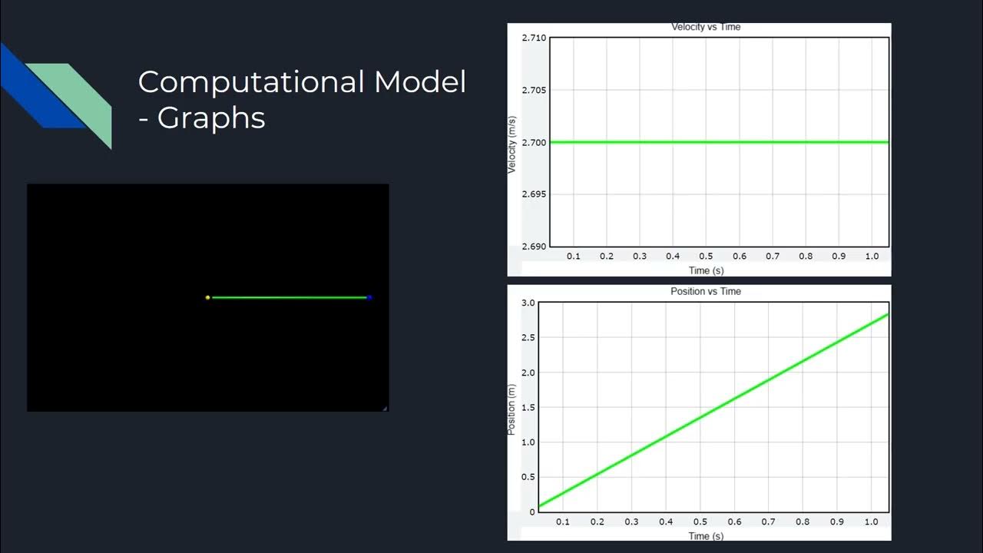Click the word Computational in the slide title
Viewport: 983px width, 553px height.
click(250, 82)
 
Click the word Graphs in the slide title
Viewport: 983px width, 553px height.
click(211, 118)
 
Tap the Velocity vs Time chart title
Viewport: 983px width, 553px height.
click(706, 27)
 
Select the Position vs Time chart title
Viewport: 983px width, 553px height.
click(706, 292)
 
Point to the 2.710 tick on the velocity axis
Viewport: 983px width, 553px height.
click(534, 38)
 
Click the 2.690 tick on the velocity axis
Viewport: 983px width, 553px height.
click(534, 247)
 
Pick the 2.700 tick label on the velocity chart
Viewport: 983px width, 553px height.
click(534, 142)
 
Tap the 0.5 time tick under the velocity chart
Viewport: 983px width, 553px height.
click(706, 257)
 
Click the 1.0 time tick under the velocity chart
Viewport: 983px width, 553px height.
click(872, 257)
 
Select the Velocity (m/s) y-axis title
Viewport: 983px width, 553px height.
click(512, 144)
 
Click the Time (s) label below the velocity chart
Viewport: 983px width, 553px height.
click(706, 270)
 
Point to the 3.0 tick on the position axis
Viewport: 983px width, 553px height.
click(528, 303)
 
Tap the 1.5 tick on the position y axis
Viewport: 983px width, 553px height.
click(528, 408)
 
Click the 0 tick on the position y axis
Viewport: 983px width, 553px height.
click(532, 512)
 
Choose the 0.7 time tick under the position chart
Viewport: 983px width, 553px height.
click(768, 522)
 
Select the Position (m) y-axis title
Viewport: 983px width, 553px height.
click(511, 409)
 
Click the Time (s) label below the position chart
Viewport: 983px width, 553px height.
click(706, 535)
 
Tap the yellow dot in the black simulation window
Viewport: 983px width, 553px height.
click(207, 297)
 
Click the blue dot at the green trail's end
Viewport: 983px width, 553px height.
click(369, 297)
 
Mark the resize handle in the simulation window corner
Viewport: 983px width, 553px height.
click(385, 408)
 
